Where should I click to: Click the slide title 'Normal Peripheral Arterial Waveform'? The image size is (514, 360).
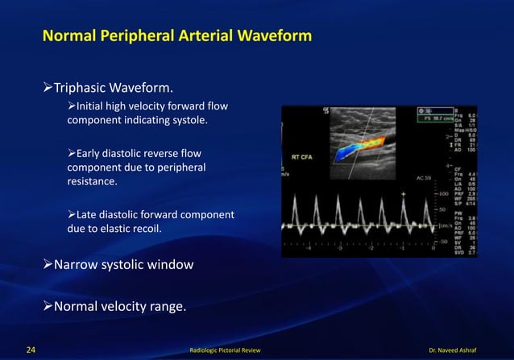click(x=176, y=37)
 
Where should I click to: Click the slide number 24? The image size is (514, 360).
click(x=30, y=350)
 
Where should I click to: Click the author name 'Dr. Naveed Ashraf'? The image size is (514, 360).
click(x=467, y=351)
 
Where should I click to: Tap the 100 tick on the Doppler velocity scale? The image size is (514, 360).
click(x=443, y=194)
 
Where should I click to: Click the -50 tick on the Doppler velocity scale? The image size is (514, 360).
click(x=442, y=241)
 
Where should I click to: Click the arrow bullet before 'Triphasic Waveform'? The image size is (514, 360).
click(x=48, y=87)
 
